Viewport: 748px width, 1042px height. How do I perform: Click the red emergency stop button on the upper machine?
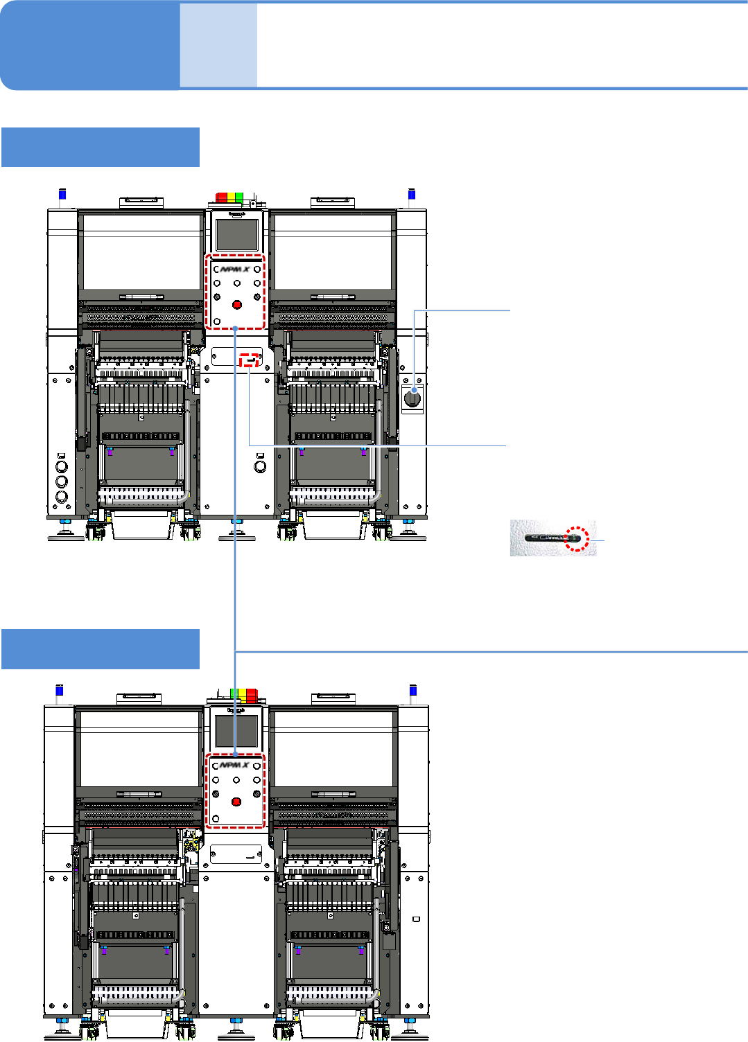tap(237, 305)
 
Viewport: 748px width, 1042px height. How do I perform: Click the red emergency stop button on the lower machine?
tap(236, 802)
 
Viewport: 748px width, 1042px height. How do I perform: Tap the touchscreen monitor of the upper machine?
tap(237, 234)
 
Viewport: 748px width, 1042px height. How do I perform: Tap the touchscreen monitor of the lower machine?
tap(236, 731)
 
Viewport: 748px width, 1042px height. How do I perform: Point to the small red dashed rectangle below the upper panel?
tap(249, 360)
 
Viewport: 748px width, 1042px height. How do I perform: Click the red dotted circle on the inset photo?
tap(576, 538)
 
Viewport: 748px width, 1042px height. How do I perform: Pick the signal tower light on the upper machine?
tap(230, 197)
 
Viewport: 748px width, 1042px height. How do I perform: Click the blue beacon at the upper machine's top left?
tap(62, 195)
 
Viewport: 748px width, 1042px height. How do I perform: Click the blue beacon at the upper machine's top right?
tap(412, 195)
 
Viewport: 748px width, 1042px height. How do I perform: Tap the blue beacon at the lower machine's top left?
tap(60, 691)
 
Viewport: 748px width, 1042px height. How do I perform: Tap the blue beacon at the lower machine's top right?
tap(413, 691)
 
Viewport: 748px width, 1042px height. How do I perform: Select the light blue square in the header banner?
tap(218, 46)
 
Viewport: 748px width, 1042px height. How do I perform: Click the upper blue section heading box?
tap(101, 147)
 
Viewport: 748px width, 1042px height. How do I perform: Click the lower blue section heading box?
tap(101, 649)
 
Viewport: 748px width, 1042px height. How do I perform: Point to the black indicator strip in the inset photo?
tap(548, 538)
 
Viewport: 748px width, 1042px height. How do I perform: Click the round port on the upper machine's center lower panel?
tap(260, 466)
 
